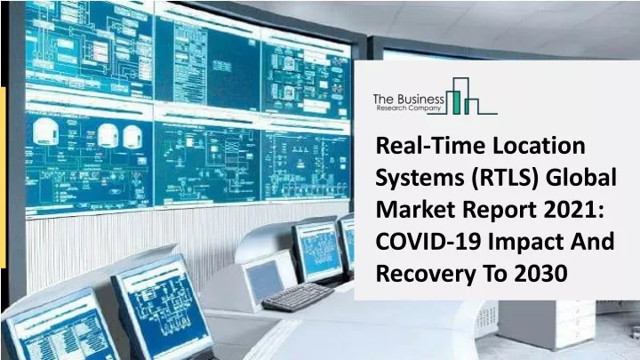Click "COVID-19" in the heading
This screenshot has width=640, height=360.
coord(428,242)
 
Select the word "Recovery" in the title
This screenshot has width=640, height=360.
coord(425,275)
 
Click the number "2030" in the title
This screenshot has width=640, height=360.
coord(540,274)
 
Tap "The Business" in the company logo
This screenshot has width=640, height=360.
coord(409,100)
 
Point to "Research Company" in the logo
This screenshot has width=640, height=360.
coord(409,108)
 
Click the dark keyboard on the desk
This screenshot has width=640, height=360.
coord(298,297)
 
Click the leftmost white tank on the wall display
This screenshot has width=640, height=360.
coord(45,132)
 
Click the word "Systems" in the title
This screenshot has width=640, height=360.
coord(420,179)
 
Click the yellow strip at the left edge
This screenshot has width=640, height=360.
coord(3,178)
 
